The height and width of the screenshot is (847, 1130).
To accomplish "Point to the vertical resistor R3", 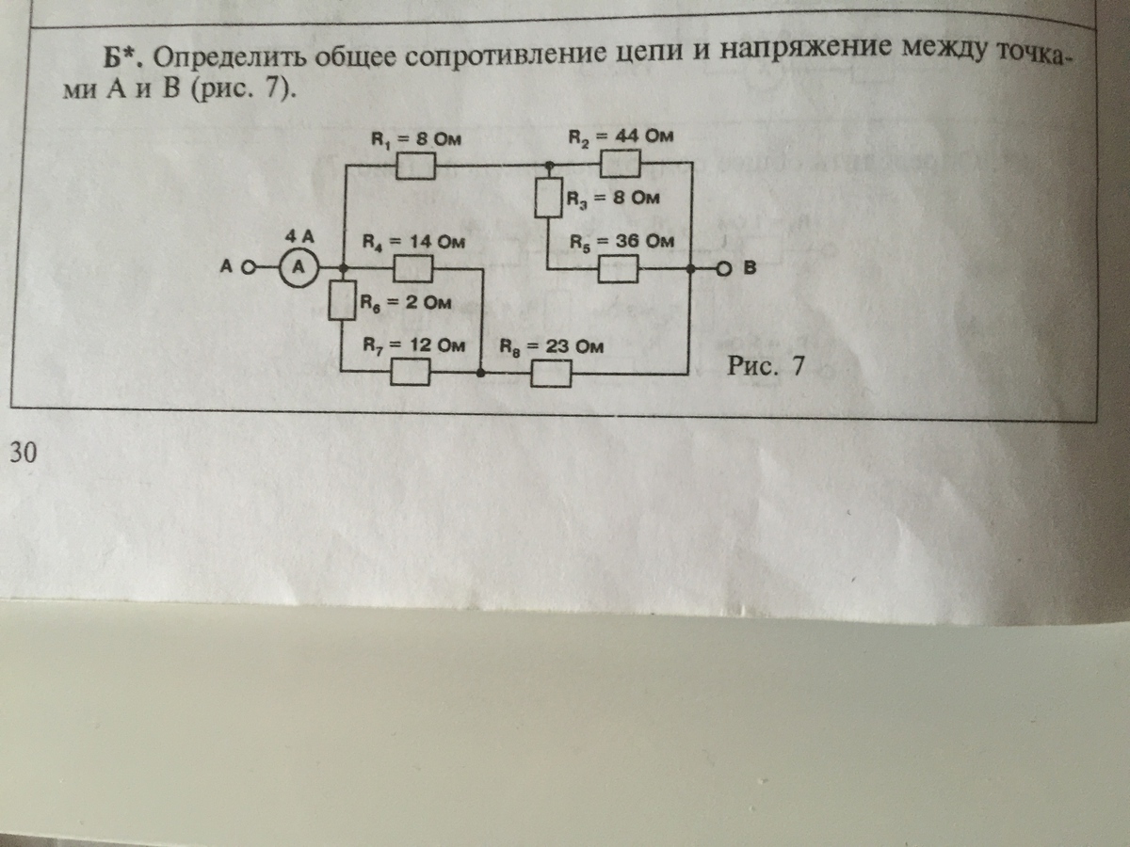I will tap(549, 199).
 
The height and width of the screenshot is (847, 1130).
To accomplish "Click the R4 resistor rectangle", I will tap(412, 270).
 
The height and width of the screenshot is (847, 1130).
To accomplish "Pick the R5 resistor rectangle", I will tap(621, 270).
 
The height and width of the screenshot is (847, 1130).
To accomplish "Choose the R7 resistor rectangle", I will tap(412, 374).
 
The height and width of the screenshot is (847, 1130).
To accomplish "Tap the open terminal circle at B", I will tap(723, 269).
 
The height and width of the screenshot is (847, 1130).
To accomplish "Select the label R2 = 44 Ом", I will tap(621, 136).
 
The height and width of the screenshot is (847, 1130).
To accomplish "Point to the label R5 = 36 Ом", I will tap(622, 242).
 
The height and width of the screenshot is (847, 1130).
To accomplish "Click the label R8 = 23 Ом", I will tap(551, 346).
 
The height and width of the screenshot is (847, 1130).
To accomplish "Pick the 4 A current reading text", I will tap(299, 236).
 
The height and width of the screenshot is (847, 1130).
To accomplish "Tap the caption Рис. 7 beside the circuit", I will tap(767, 366).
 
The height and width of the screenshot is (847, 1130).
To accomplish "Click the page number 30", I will tap(23, 455).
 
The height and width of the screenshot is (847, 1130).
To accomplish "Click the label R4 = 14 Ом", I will tap(415, 242).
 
